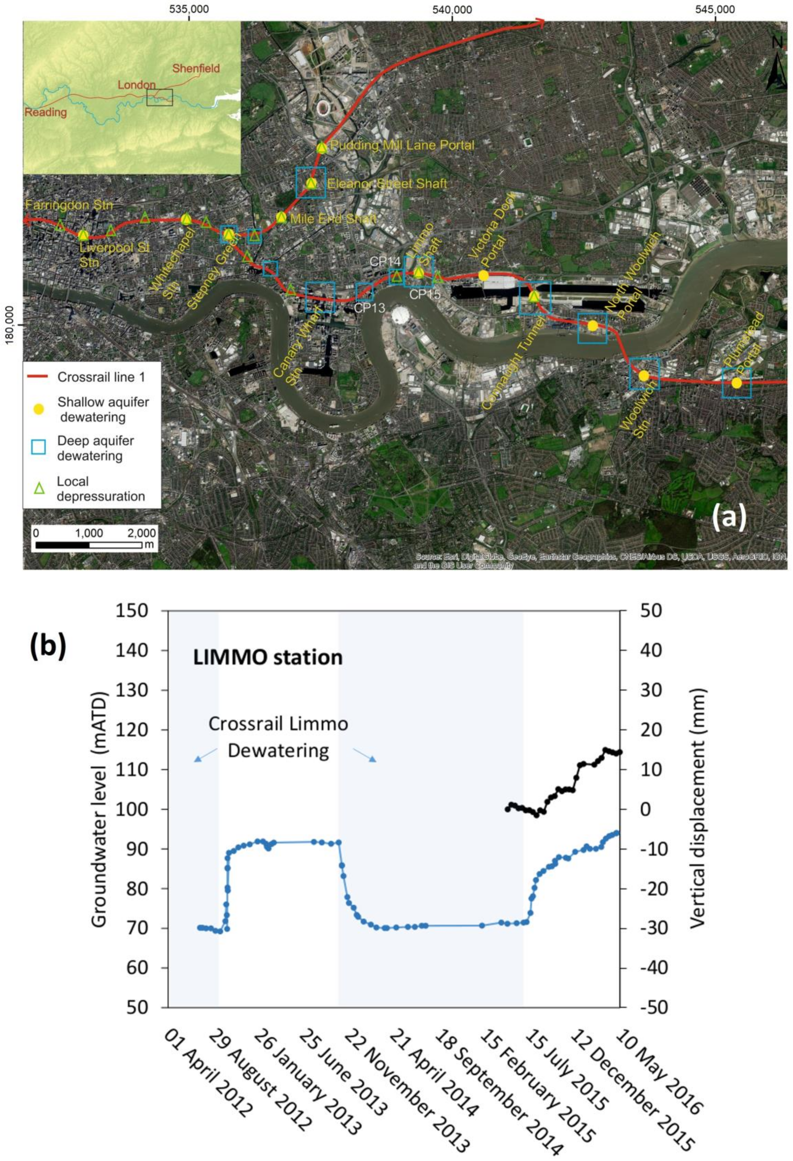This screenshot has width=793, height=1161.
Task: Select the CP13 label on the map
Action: point(369,308)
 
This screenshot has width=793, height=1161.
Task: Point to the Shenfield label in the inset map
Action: point(196,68)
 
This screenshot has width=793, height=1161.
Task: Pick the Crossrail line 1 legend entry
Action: point(101,377)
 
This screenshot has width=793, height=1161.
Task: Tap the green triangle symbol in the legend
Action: point(39,489)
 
